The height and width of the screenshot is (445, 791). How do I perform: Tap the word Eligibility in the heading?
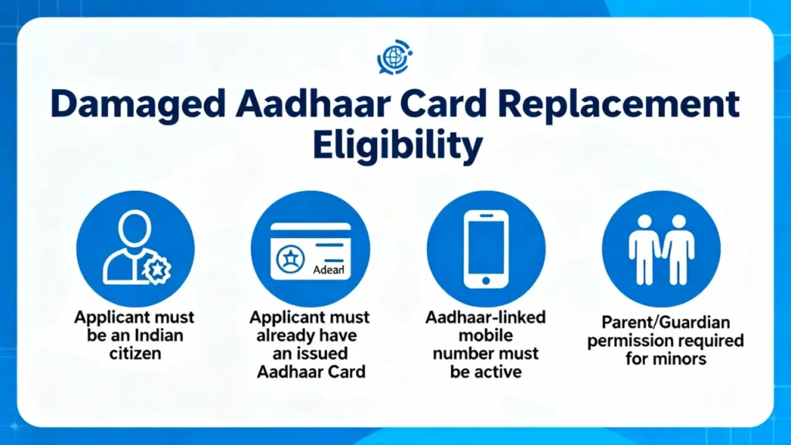pyautogui.click(x=398, y=146)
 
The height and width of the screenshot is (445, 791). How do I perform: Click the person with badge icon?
pyautogui.click(x=136, y=248)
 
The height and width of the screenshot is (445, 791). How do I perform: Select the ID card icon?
pyautogui.click(x=311, y=251)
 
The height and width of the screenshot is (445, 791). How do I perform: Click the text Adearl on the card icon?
pyautogui.click(x=328, y=270)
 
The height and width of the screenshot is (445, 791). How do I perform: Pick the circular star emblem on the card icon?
pyautogui.click(x=290, y=259)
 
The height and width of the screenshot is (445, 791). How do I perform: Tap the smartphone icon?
pyautogui.click(x=486, y=250)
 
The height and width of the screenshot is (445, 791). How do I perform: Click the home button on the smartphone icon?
pyautogui.click(x=486, y=280)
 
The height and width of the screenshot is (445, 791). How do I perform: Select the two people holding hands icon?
pyautogui.click(x=661, y=250)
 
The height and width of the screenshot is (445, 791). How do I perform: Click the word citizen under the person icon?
pyautogui.click(x=135, y=354)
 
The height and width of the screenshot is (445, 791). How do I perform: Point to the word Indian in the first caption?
pyautogui.click(x=158, y=335)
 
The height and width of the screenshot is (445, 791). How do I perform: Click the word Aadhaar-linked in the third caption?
pyautogui.click(x=485, y=318)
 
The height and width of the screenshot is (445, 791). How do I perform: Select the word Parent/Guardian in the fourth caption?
pyautogui.click(x=665, y=322)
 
